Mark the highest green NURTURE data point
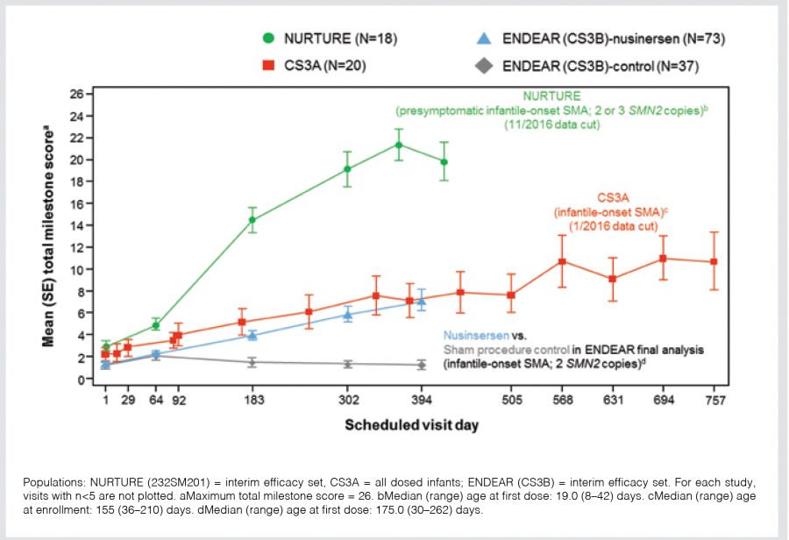tap(399, 145)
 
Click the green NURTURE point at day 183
tap(252, 220)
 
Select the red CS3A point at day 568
tap(562, 261)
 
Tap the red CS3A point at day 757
tap(714, 261)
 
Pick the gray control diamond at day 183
tap(252, 362)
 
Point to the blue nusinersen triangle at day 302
tap(347, 315)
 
